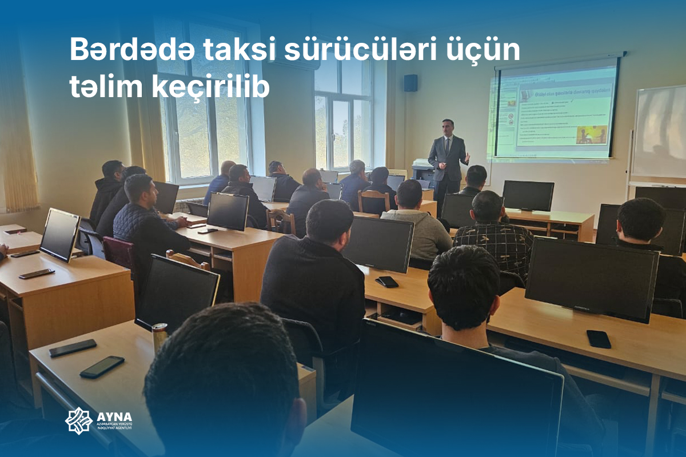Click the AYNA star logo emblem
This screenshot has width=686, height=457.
click(78, 420)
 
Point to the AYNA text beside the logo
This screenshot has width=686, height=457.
click(114, 416)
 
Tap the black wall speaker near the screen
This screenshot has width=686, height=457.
click(410, 83)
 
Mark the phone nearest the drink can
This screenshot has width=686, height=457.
click(102, 367)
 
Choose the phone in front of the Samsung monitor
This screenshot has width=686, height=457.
click(387, 281)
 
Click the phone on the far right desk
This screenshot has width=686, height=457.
click(599, 339)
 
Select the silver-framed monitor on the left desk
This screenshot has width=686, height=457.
click(59, 234)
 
